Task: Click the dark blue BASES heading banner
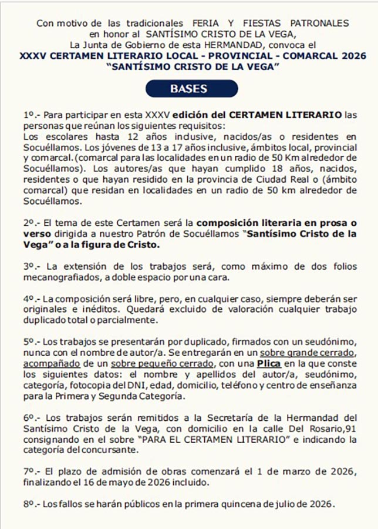(x=188, y=89)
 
